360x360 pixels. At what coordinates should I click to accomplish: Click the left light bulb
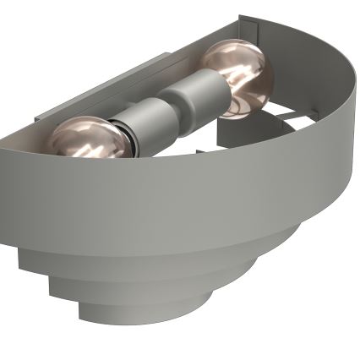click(x=87, y=139)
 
